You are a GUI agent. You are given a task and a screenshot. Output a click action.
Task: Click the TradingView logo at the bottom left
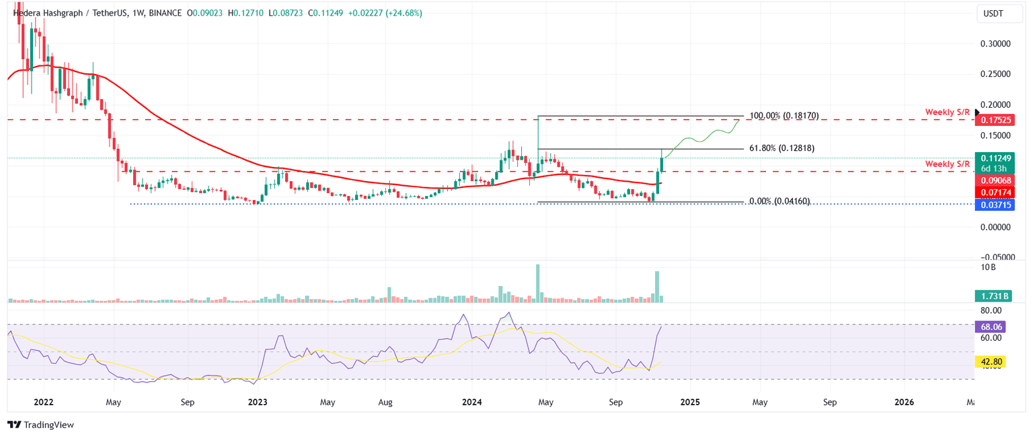(40, 425)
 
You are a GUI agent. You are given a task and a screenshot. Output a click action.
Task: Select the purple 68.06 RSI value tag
(993, 327)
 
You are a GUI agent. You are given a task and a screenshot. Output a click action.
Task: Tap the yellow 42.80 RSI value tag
(993, 362)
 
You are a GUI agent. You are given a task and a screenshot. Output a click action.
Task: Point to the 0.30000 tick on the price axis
(996, 44)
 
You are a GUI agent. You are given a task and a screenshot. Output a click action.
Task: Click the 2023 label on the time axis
(258, 403)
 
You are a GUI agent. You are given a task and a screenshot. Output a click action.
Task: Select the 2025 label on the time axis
(690, 403)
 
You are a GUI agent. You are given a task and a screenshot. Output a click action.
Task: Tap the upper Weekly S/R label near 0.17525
(948, 111)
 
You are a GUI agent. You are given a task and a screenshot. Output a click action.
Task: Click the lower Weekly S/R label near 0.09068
(948, 164)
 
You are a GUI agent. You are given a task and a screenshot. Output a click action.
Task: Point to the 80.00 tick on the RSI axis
(991, 310)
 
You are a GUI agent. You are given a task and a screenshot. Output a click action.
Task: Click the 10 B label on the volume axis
(988, 267)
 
